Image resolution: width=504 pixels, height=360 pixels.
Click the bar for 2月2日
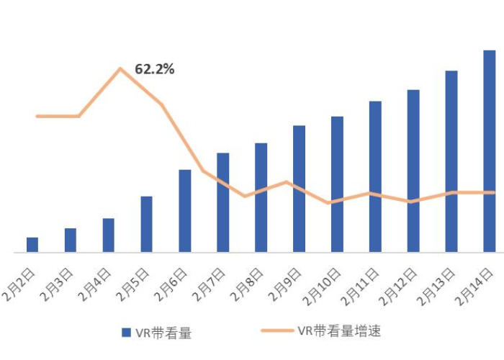(x=32, y=245)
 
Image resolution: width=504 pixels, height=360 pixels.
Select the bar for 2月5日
(x=147, y=224)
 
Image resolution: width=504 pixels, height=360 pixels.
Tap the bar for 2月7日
(x=222, y=202)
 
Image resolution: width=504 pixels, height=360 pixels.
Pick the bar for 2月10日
(x=337, y=184)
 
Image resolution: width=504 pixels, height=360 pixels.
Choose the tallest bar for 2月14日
(x=490, y=151)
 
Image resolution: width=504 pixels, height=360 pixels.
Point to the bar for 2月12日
(x=413, y=171)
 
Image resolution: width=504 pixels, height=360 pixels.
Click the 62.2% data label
(x=155, y=70)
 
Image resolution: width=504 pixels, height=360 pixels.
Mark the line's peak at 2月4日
(x=120, y=68)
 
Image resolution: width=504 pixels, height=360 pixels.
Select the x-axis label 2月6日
(x=172, y=283)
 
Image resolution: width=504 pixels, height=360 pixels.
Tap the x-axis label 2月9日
(x=286, y=283)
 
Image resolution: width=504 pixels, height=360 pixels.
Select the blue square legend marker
(x=126, y=332)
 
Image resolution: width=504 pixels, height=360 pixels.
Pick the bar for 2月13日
(x=451, y=161)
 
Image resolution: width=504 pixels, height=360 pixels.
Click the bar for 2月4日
(x=109, y=235)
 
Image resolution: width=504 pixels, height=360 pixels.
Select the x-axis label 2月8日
(x=248, y=283)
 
